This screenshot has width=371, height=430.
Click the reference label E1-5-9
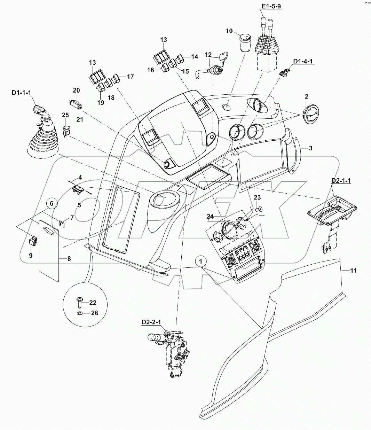(271, 7)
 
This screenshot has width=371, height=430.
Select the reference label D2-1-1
(341, 181)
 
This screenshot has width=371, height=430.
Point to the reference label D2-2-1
(151, 322)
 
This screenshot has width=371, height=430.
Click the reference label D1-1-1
(22, 93)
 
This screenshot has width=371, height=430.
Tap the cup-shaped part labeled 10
(245, 43)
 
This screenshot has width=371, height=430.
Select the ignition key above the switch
(223, 57)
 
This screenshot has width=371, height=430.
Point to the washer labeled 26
(80, 313)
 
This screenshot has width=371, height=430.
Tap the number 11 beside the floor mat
(353, 270)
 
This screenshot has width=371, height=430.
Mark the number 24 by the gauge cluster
(210, 216)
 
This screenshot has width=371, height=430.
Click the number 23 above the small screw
(257, 197)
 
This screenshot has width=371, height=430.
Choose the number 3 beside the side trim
(310, 148)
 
